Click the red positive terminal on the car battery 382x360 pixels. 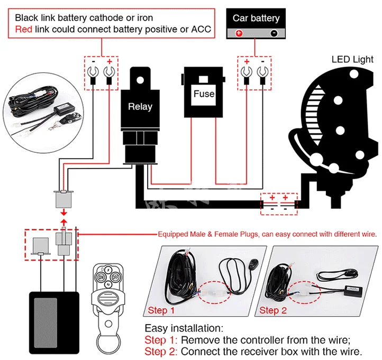pos(239,33)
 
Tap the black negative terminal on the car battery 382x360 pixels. pos(274,33)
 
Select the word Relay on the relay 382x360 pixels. pos(140,106)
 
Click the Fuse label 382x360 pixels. pos(204,94)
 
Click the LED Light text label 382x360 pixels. pos(352,59)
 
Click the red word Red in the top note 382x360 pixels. pos(24,29)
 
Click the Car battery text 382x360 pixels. pos(256,18)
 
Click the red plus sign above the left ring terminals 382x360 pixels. pos(110,62)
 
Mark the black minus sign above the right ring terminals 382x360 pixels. pos(261,62)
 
